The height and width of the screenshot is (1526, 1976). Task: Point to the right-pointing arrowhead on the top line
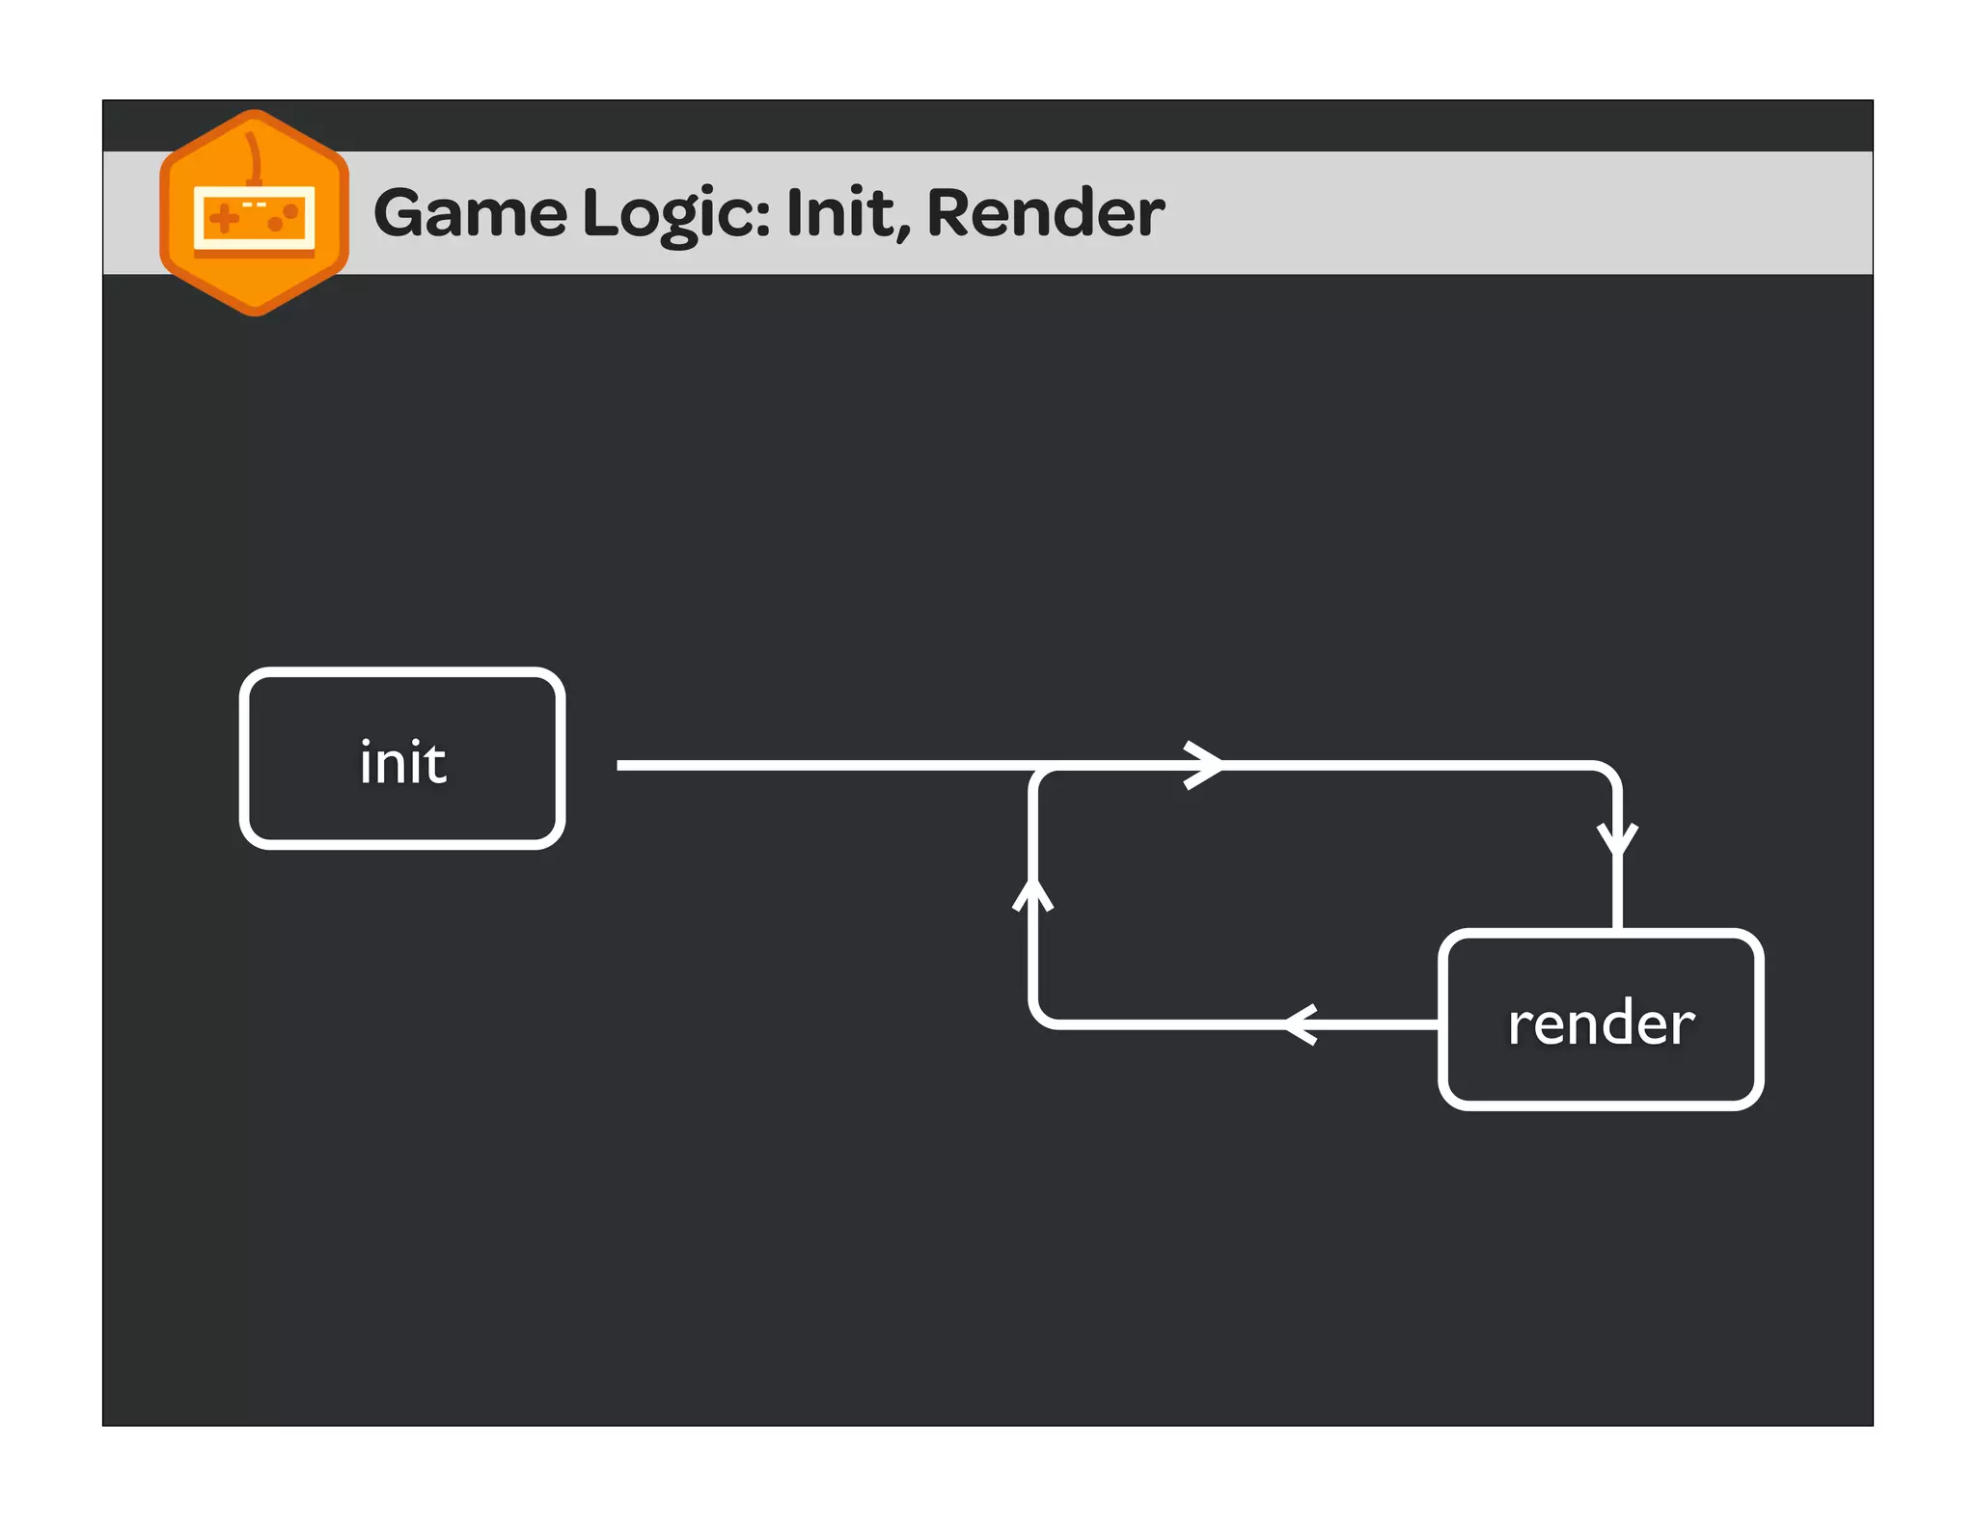click(1206, 765)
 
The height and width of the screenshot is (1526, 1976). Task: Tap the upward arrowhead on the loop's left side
click(1032, 893)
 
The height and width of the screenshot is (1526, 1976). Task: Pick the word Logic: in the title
click(676, 214)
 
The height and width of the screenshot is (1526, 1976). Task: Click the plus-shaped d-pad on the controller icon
click(224, 218)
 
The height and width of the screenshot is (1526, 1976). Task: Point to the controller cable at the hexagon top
click(254, 154)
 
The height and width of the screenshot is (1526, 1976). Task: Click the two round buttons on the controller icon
click(283, 217)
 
